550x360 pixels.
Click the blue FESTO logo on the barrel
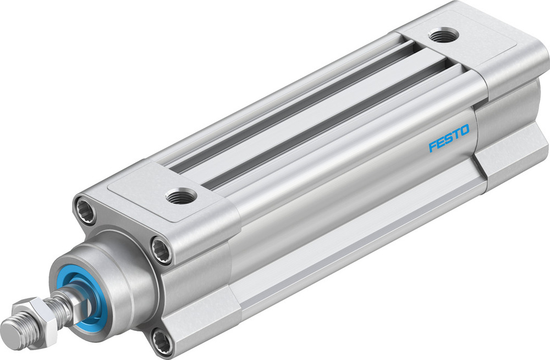[449, 138]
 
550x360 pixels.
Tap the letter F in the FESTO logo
[433, 146]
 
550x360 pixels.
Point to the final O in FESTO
[465, 130]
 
